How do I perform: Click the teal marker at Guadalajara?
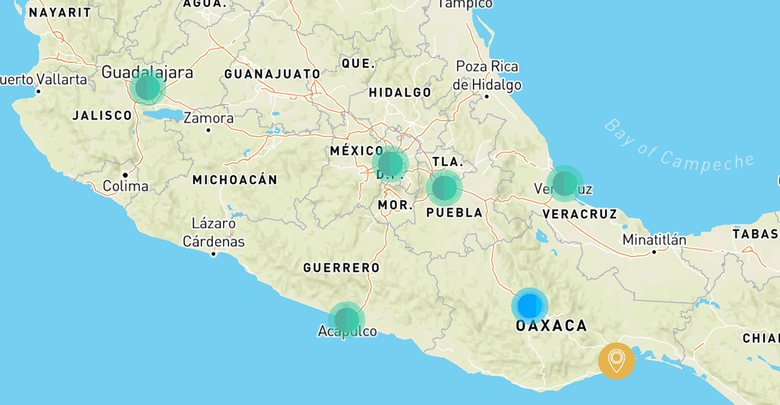pos(148,87)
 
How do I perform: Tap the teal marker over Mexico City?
pos(390,164)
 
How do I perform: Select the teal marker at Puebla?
pos(444,188)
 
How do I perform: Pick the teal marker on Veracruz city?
pos(564,183)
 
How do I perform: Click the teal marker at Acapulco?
pos(346,320)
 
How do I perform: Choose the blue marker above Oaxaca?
pos(529,305)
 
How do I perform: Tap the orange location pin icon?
pos(616,360)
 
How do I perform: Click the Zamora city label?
pos(208,118)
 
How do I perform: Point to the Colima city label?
pos(125,186)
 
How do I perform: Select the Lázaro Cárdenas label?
pos(214,233)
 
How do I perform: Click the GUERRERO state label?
pos(341,268)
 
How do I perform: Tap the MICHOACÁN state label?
pos(235,180)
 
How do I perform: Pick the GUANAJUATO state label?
pos(272,74)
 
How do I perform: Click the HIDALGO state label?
pos(400,93)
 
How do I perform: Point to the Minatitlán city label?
pos(655,240)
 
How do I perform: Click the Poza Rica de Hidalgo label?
pos(487,76)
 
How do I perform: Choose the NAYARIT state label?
pos(60,13)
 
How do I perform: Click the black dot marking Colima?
pos(125,174)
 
